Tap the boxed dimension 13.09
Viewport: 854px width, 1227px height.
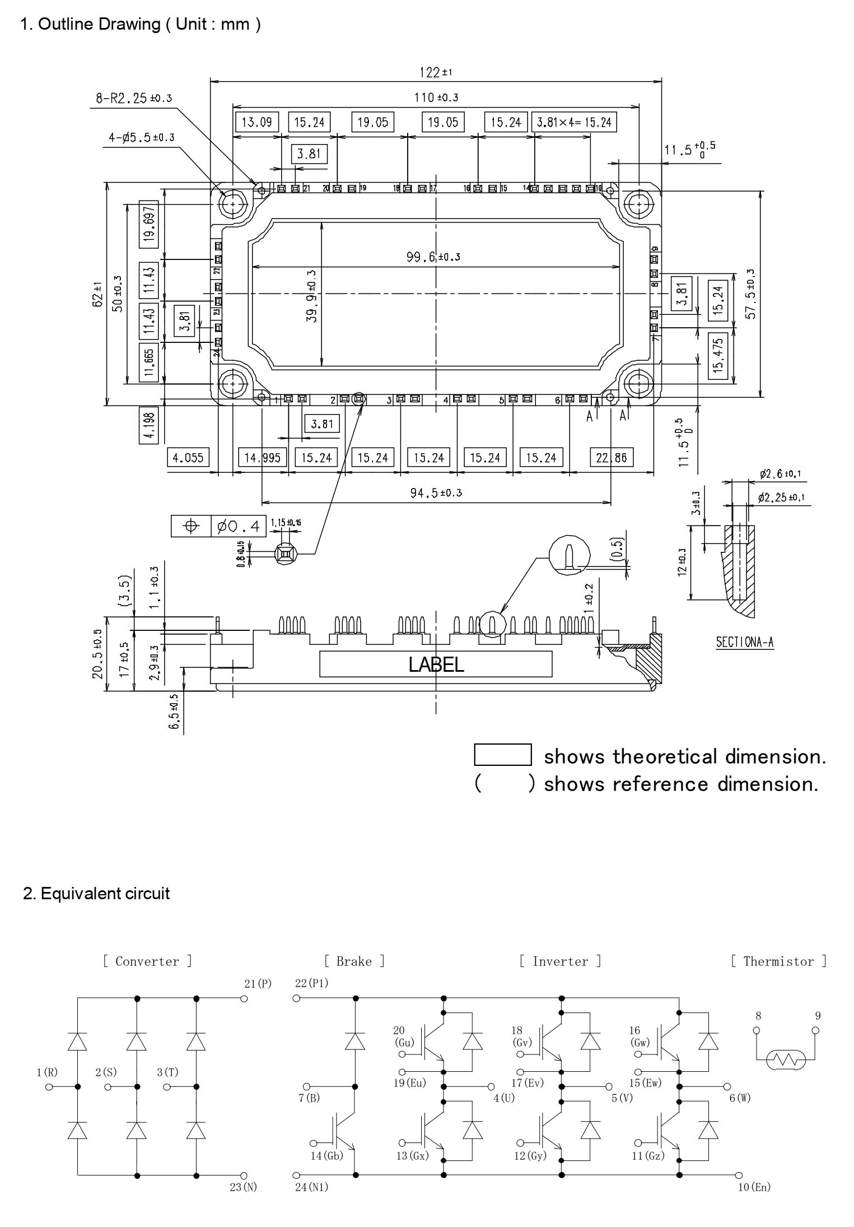(257, 122)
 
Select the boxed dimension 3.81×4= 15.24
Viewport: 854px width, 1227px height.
(573, 122)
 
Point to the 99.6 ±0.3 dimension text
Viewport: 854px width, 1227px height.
(433, 257)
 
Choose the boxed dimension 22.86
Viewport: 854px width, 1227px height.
(611, 458)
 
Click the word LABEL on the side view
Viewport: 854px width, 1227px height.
(436, 665)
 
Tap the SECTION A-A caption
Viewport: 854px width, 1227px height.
(745, 642)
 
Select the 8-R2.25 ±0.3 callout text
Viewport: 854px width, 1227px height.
(134, 99)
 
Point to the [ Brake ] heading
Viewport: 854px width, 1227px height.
(354, 961)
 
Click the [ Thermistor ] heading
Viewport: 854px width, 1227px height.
(779, 961)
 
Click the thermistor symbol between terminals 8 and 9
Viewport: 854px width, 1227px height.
(786, 1059)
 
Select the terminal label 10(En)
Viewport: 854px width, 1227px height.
(754, 1187)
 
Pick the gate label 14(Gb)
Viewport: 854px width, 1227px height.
(328, 1155)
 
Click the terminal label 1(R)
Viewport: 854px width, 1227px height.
(47, 1072)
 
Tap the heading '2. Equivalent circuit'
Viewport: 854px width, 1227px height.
(96, 893)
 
